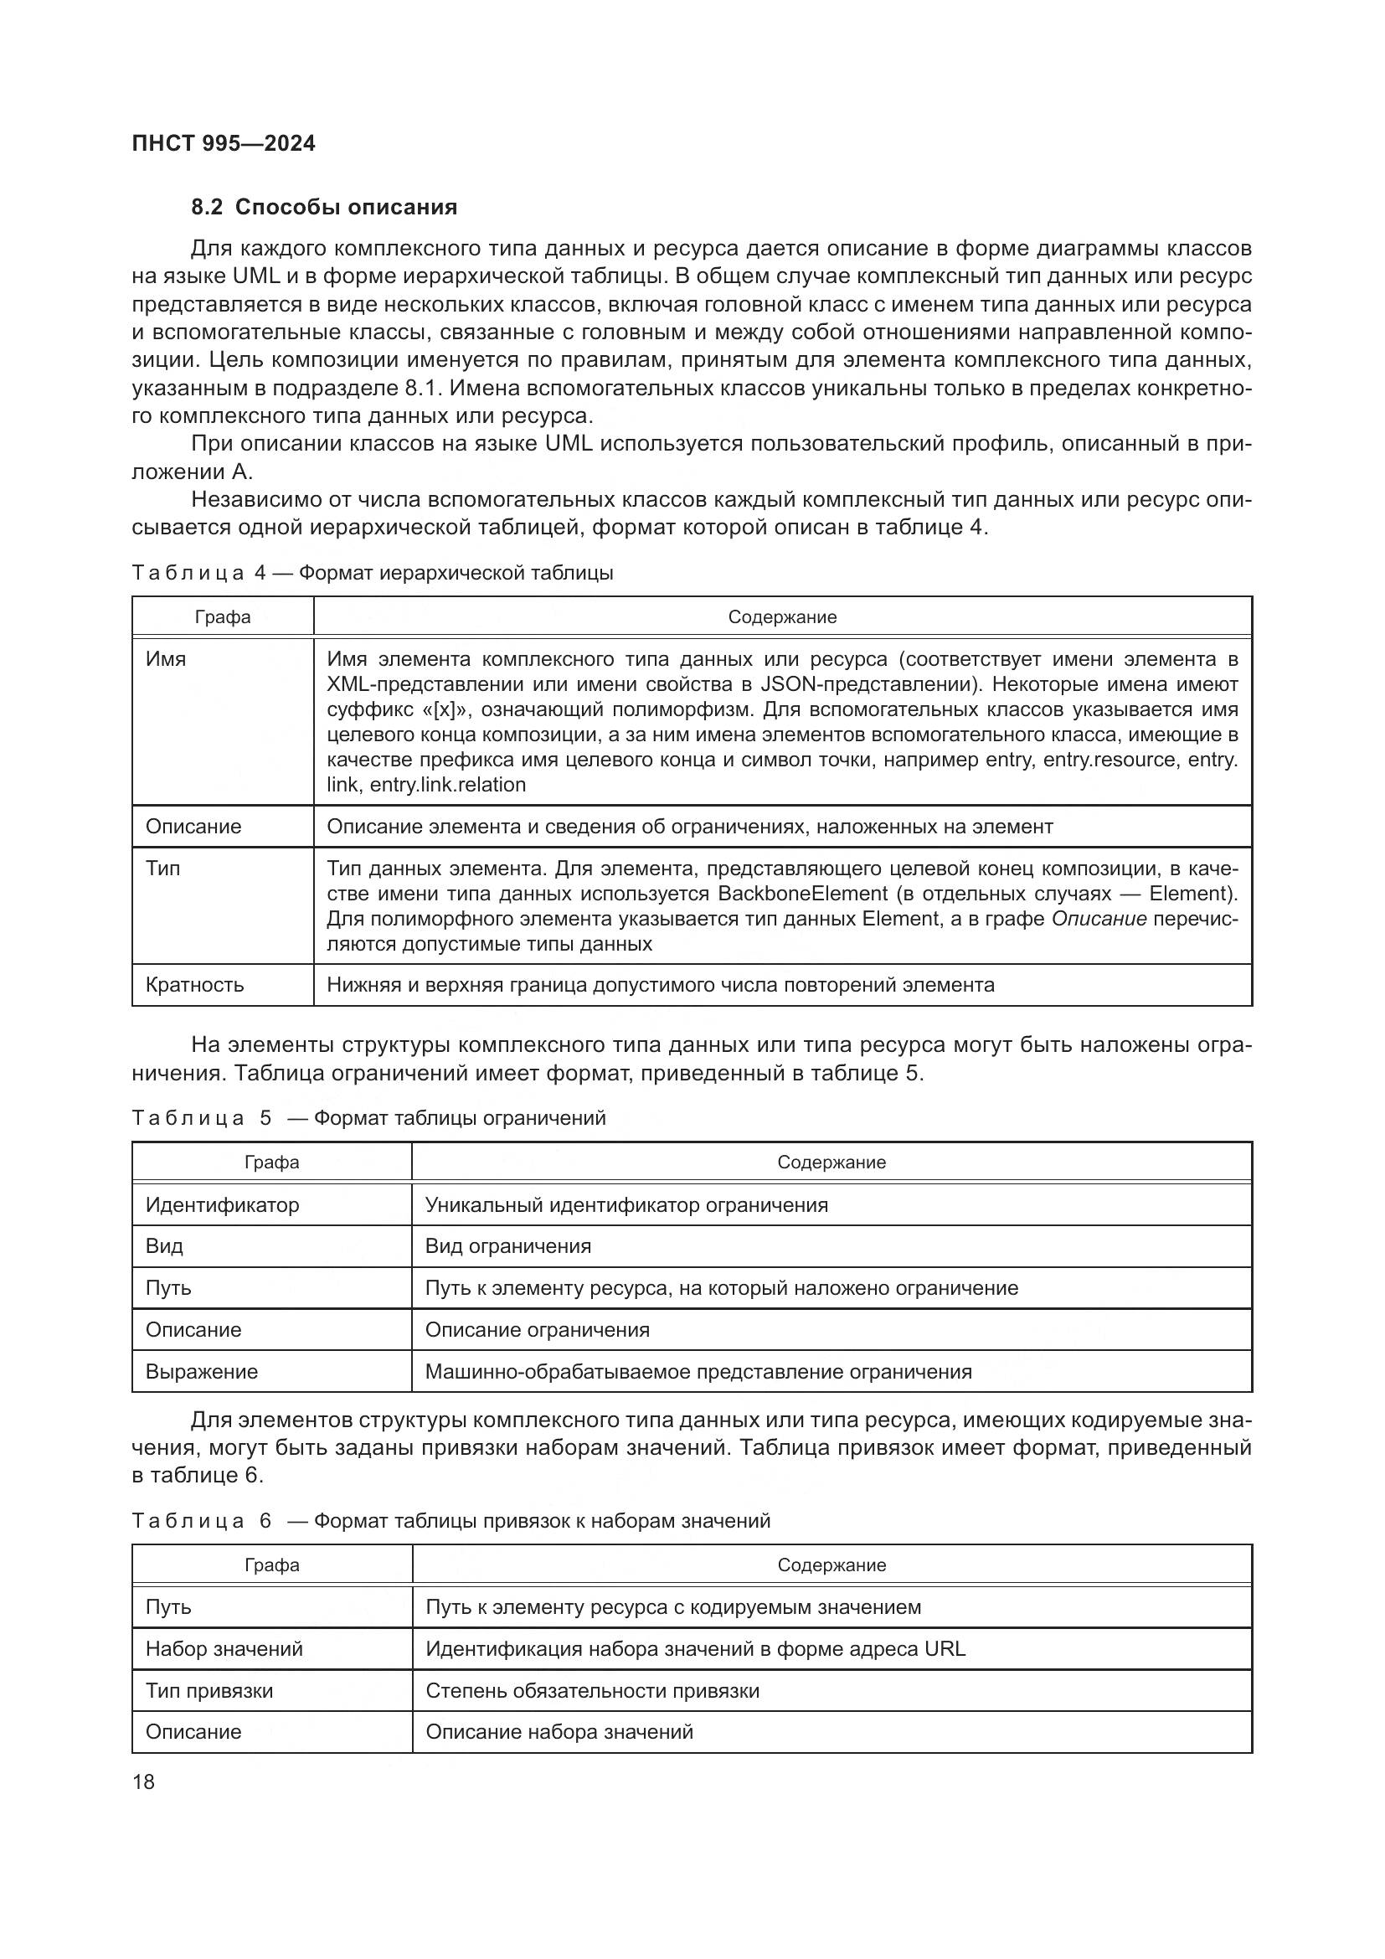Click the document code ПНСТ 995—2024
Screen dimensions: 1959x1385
[224, 143]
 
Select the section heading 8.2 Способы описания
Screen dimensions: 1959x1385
[324, 207]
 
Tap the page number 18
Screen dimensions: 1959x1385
[143, 1781]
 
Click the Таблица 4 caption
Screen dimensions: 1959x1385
[372, 573]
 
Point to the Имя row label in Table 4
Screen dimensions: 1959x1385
[166, 659]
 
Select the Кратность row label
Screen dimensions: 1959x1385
[194, 985]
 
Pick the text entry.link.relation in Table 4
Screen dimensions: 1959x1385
[448, 784]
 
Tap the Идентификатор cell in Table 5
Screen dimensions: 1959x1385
[222, 1204]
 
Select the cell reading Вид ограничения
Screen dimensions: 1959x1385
[507, 1245]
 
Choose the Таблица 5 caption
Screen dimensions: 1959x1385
[368, 1118]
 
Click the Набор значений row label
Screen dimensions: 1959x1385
[224, 1648]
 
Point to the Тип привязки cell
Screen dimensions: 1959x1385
[209, 1690]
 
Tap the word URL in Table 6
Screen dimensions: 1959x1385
[944, 1648]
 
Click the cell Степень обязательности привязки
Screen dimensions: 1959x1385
[592, 1690]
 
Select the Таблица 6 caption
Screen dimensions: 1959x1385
[451, 1520]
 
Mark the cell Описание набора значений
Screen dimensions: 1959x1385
[559, 1731]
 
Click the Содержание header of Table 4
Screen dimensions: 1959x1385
[782, 617]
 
